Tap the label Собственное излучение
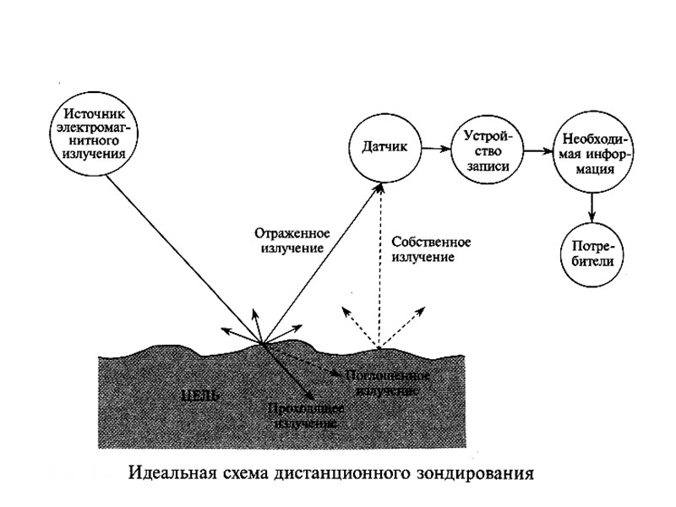point(431,248)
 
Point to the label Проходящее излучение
point(304,415)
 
